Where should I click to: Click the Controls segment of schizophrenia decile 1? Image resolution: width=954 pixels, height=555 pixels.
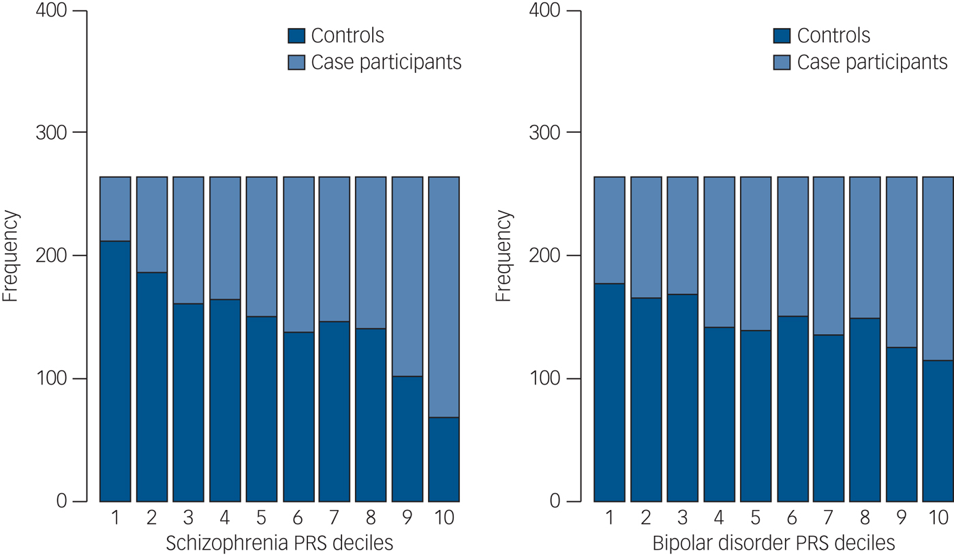click(x=115, y=372)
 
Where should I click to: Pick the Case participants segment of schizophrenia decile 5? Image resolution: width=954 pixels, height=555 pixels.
click(x=262, y=246)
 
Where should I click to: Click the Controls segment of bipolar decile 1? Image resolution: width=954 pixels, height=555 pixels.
click(x=609, y=392)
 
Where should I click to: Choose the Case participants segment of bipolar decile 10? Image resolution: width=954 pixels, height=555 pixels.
click(x=938, y=268)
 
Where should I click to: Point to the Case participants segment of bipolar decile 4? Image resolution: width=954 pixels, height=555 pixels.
click(x=719, y=252)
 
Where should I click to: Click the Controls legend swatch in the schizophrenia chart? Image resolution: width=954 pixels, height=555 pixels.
click(x=296, y=36)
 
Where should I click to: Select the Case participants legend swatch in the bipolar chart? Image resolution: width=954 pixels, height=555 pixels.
click(x=782, y=63)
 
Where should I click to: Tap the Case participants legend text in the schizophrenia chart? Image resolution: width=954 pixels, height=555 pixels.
click(x=386, y=63)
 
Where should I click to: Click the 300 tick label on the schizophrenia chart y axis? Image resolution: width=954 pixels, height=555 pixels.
click(x=50, y=132)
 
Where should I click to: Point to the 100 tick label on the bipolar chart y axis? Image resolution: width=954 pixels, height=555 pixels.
click(x=544, y=379)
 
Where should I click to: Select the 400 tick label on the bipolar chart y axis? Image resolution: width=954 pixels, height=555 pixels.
click(x=544, y=12)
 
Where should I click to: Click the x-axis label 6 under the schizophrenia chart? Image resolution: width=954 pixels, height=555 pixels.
click(x=298, y=518)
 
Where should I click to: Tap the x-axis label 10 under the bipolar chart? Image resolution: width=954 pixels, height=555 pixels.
click(x=938, y=518)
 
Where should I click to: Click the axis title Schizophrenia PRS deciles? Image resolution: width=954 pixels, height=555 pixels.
click(x=279, y=543)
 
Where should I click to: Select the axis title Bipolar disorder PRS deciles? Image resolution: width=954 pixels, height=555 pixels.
click(x=773, y=543)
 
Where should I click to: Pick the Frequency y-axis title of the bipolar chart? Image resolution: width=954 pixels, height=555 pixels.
click(x=504, y=256)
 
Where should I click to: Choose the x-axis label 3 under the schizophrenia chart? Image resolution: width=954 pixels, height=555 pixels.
click(x=188, y=518)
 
